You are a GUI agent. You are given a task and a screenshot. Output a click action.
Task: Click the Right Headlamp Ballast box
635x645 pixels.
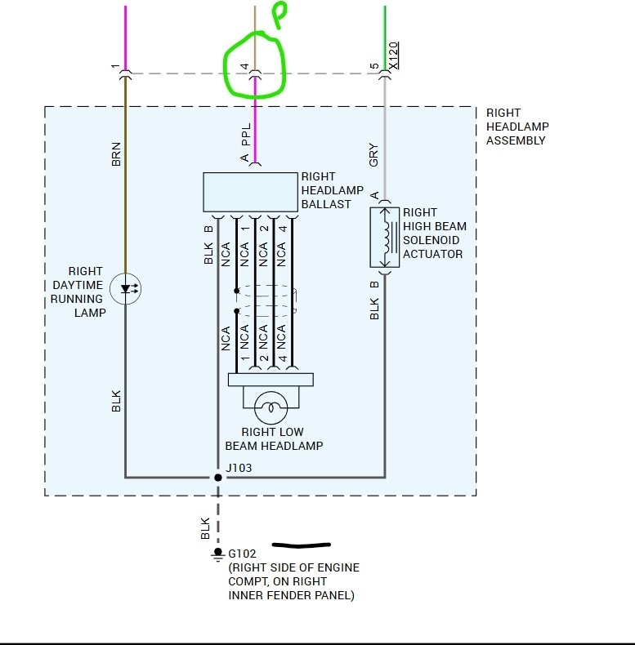pyautogui.click(x=249, y=193)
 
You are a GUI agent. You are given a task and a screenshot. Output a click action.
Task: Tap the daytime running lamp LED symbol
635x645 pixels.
pyautogui.click(x=125, y=288)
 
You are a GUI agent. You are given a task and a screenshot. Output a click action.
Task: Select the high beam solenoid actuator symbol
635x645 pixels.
pyautogui.click(x=383, y=237)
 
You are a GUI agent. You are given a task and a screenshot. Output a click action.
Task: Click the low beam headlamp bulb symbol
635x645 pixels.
pyautogui.click(x=270, y=406)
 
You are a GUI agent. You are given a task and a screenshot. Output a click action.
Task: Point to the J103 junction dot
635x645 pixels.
pyautogui.click(x=217, y=477)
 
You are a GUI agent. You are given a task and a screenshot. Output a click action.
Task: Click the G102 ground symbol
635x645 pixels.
pyautogui.click(x=217, y=554)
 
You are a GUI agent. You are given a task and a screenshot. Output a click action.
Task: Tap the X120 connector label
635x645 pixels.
pyautogui.click(x=393, y=56)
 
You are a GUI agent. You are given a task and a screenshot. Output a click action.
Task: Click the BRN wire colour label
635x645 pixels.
pyautogui.click(x=116, y=155)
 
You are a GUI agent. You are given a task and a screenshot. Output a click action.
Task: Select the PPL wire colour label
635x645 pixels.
pyautogui.click(x=246, y=135)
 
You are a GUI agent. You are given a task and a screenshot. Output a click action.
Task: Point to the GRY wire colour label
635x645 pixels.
pyautogui.click(x=373, y=155)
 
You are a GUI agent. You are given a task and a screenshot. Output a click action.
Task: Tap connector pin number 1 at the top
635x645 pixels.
pyautogui.click(x=116, y=66)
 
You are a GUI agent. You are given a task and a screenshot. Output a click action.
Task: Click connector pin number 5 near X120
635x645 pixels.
pyautogui.click(x=374, y=66)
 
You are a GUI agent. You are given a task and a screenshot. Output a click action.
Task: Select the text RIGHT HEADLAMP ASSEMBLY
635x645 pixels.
pyautogui.click(x=517, y=127)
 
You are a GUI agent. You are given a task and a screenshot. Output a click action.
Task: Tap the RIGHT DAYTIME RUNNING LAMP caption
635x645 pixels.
pyautogui.click(x=85, y=291)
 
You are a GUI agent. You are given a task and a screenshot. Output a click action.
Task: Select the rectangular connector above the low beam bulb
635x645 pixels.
pyautogui.click(x=271, y=380)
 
